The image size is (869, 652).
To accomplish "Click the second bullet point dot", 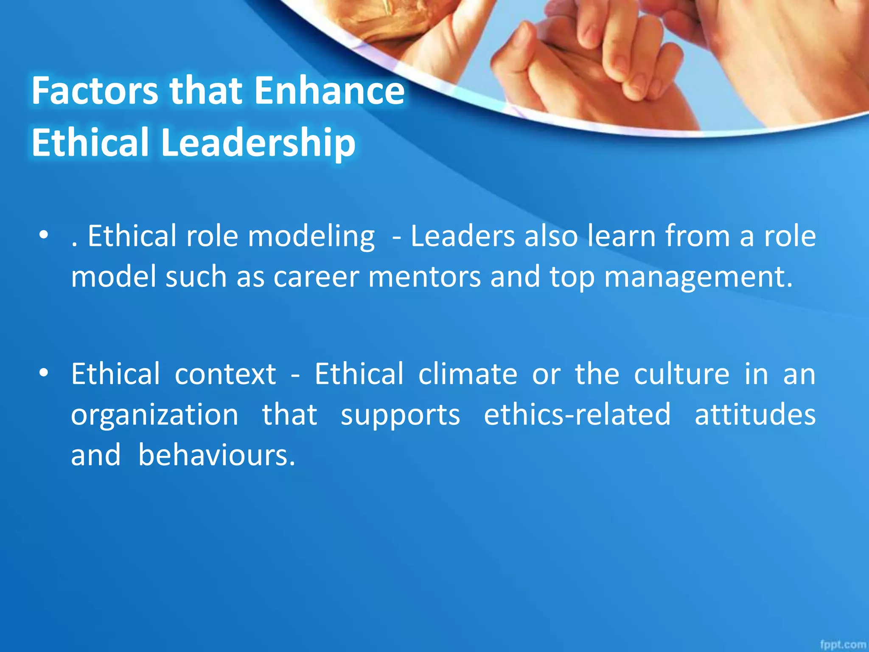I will point(43,373).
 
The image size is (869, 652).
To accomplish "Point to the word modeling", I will point(311,237).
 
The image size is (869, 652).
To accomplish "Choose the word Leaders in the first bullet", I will point(462,236).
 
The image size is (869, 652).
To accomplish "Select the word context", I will point(225,374).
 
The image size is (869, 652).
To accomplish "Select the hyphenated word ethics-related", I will point(577,414).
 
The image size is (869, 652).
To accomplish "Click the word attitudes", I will point(755,414).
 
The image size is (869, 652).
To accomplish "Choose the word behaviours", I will point(216,455).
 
